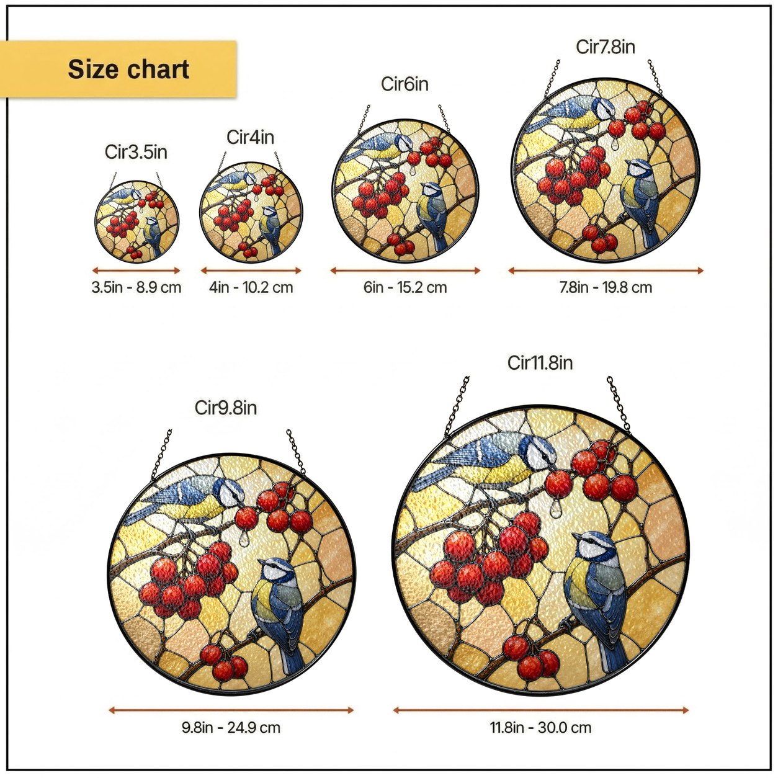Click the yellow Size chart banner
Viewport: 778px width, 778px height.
tap(118, 69)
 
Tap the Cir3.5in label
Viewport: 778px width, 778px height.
tap(136, 152)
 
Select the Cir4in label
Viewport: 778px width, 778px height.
tap(250, 137)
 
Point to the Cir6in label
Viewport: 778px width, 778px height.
tap(405, 84)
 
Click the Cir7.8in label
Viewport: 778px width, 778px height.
tap(605, 47)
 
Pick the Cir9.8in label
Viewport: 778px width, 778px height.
tap(226, 408)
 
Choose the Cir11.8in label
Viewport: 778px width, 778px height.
tap(540, 362)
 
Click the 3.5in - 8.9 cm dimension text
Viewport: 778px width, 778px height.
tap(136, 287)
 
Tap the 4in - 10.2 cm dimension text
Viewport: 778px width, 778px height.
tap(251, 287)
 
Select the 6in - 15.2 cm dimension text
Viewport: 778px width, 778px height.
tap(405, 287)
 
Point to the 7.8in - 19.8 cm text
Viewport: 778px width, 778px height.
tap(606, 287)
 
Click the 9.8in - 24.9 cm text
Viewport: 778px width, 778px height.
tap(231, 728)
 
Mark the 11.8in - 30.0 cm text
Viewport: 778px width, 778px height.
tap(540, 728)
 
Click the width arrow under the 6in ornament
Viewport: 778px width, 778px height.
tap(405, 271)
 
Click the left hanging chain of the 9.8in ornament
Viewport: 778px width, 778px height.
tap(161, 455)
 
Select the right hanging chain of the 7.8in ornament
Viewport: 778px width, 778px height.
tap(656, 78)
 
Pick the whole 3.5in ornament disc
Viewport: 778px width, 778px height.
tap(137, 221)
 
